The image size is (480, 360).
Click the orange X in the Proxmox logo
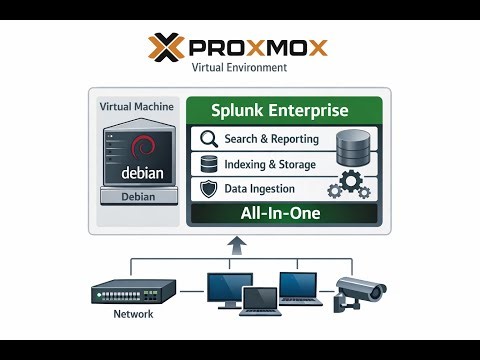[x=164, y=48]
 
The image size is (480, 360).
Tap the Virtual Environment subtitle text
[x=239, y=68]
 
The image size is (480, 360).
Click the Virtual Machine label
[x=137, y=106]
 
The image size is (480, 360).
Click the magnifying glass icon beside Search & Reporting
[x=209, y=139]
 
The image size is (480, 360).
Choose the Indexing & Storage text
[x=271, y=164]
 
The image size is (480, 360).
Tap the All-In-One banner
[x=281, y=213]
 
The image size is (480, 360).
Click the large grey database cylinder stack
[x=352, y=148]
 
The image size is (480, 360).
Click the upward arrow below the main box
[x=236, y=245]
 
